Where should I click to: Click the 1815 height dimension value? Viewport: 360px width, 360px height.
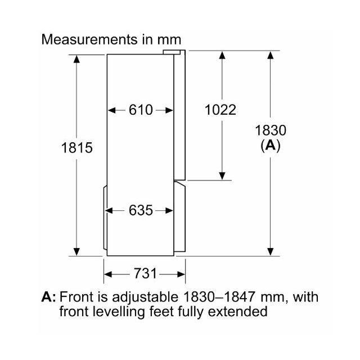pos(77,147)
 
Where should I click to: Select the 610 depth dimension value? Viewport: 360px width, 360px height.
pos(141,110)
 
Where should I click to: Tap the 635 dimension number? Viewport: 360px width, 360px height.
pos(141,210)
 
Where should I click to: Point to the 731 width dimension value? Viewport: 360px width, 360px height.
pos(145,273)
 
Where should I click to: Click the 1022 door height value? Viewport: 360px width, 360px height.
pos(220,110)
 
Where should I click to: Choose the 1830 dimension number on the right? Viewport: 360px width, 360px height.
pos(271,130)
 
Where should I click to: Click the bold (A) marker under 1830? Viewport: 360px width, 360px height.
pos(271,146)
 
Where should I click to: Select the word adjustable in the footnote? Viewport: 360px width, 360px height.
pos(145,297)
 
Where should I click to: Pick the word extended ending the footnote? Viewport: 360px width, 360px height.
pos(237,311)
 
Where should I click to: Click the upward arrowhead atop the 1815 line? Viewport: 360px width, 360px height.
pos(76,58)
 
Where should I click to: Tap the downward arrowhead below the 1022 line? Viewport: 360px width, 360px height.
pos(222,176)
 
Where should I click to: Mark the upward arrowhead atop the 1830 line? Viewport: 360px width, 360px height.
pos(271,55)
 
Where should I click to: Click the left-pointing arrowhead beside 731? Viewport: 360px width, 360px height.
pos(108,274)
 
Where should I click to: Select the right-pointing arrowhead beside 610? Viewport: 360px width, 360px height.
pos(169,110)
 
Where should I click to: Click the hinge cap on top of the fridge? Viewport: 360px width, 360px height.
pos(172,52)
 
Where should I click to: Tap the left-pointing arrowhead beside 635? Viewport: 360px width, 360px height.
pos(109,210)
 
